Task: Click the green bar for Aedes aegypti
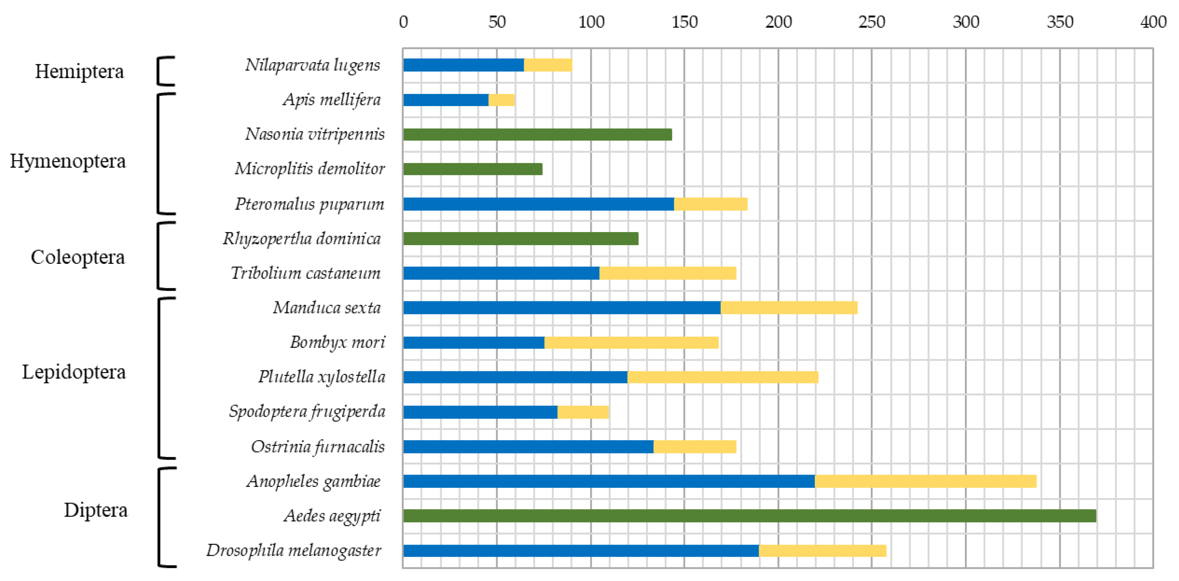749,516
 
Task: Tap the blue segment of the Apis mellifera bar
445,99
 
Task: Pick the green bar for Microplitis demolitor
472,169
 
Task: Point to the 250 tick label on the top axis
872,22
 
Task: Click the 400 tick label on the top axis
1153,22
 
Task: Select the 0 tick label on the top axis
403,22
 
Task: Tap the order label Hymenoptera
68,161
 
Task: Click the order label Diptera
96,510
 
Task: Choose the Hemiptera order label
79,71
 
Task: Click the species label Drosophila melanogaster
293,550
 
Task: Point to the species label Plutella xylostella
322,377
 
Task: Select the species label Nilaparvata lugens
312,65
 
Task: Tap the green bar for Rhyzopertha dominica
520,238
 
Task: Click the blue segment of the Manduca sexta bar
562,308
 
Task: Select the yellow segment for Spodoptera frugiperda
583,412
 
